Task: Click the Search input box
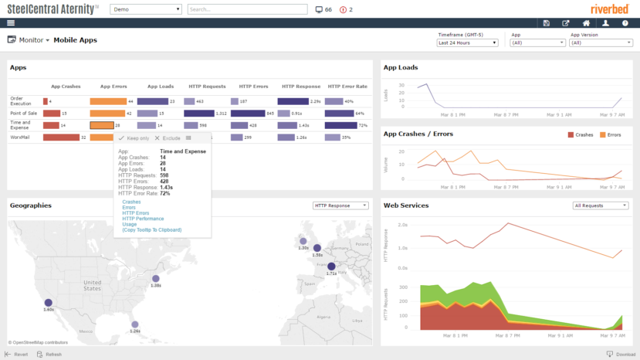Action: (x=247, y=10)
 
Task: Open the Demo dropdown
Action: (x=146, y=10)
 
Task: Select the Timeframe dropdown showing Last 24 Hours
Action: (x=468, y=43)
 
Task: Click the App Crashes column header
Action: (x=66, y=87)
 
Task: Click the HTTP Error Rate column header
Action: (x=347, y=87)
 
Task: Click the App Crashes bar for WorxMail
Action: (x=61, y=138)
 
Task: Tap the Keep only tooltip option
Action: (x=134, y=138)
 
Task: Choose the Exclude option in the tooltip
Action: (x=168, y=138)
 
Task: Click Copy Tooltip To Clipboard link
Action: (x=152, y=229)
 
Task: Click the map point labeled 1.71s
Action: (x=331, y=267)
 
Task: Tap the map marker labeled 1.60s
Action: (x=49, y=303)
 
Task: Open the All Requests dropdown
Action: (x=601, y=205)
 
